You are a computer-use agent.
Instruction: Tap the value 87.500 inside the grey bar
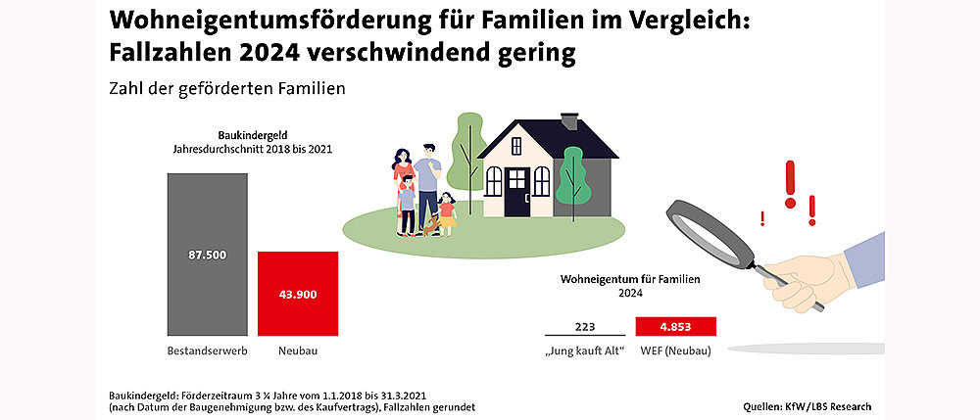pos(207,255)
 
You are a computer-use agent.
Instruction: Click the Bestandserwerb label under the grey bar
pos(207,350)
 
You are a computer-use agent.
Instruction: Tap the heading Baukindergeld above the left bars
pos(252,136)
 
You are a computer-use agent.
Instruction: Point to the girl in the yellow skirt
pos(448,213)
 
